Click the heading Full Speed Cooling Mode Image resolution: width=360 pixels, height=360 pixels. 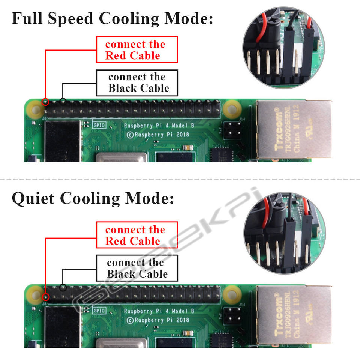[x=112, y=18]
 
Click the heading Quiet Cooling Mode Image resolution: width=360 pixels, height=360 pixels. [x=93, y=198]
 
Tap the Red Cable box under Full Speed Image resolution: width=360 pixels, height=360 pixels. [x=137, y=49]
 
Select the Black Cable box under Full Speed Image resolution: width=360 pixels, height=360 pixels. [x=137, y=82]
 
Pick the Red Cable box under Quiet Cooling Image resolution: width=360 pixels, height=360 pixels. [x=137, y=235]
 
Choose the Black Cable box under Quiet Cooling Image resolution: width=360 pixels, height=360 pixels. [x=137, y=268]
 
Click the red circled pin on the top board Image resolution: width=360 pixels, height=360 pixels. [x=46, y=102]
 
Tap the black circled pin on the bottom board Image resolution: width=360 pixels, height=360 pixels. [x=63, y=288]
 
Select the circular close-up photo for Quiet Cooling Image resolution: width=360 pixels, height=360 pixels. [x=283, y=234]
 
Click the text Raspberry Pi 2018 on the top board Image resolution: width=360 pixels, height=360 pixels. [x=157, y=134]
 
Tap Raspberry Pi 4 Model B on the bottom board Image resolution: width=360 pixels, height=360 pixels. [x=159, y=311]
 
